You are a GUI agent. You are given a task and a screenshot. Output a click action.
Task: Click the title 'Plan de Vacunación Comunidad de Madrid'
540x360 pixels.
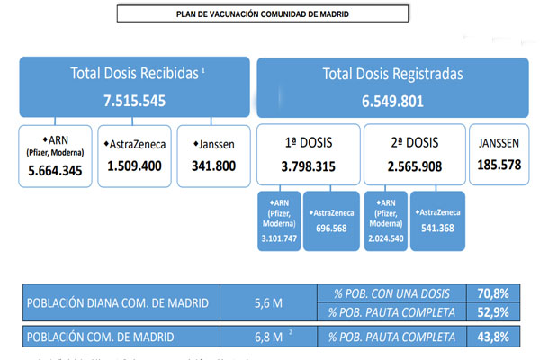coord(262,14)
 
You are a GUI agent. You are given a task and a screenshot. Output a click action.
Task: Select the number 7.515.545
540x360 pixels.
coord(134,101)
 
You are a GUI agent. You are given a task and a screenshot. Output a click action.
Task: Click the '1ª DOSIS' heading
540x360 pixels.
coord(309,141)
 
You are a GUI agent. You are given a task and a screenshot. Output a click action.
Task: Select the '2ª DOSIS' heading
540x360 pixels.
coord(413,141)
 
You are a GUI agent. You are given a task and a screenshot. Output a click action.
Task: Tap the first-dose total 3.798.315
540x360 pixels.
coord(309,166)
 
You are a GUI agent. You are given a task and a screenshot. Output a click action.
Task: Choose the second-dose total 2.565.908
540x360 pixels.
coord(413,166)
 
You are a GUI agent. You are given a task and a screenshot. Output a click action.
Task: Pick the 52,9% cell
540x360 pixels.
coord(496,311)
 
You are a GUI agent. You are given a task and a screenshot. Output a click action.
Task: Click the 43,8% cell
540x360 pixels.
coord(496,337)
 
